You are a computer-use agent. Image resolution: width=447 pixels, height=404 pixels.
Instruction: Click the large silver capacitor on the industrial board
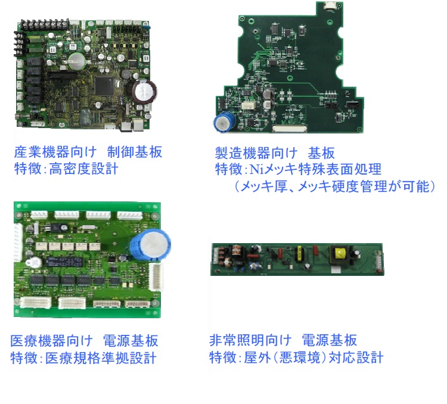point(145,92)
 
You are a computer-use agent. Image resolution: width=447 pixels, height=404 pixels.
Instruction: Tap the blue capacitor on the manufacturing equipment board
point(225,122)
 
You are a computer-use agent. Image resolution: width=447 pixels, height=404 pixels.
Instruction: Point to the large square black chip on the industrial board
point(104,86)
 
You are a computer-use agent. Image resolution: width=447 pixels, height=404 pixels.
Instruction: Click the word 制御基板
point(135,152)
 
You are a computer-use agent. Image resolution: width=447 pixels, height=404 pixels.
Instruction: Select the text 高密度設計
point(84,169)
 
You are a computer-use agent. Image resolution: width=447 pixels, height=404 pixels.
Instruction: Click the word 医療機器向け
point(52,340)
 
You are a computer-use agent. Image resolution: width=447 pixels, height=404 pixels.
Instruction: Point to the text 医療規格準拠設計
point(101,358)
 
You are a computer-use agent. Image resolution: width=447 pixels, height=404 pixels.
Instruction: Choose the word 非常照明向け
point(250,340)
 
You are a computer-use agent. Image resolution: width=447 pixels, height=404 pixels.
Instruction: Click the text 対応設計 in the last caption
point(356,358)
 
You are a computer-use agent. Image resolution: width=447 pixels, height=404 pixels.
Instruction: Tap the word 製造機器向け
point(256,153)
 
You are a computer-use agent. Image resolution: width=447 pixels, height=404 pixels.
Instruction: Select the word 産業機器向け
point(55,152)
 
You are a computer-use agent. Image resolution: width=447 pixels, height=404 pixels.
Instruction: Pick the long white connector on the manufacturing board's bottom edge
point(290,129)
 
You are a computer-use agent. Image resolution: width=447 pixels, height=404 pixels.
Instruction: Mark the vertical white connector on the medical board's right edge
point(156,276)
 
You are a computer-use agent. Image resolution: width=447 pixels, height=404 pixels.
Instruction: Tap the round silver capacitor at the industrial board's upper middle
point(77,61)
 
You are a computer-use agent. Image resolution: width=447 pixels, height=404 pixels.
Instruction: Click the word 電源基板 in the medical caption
point(131,340)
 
